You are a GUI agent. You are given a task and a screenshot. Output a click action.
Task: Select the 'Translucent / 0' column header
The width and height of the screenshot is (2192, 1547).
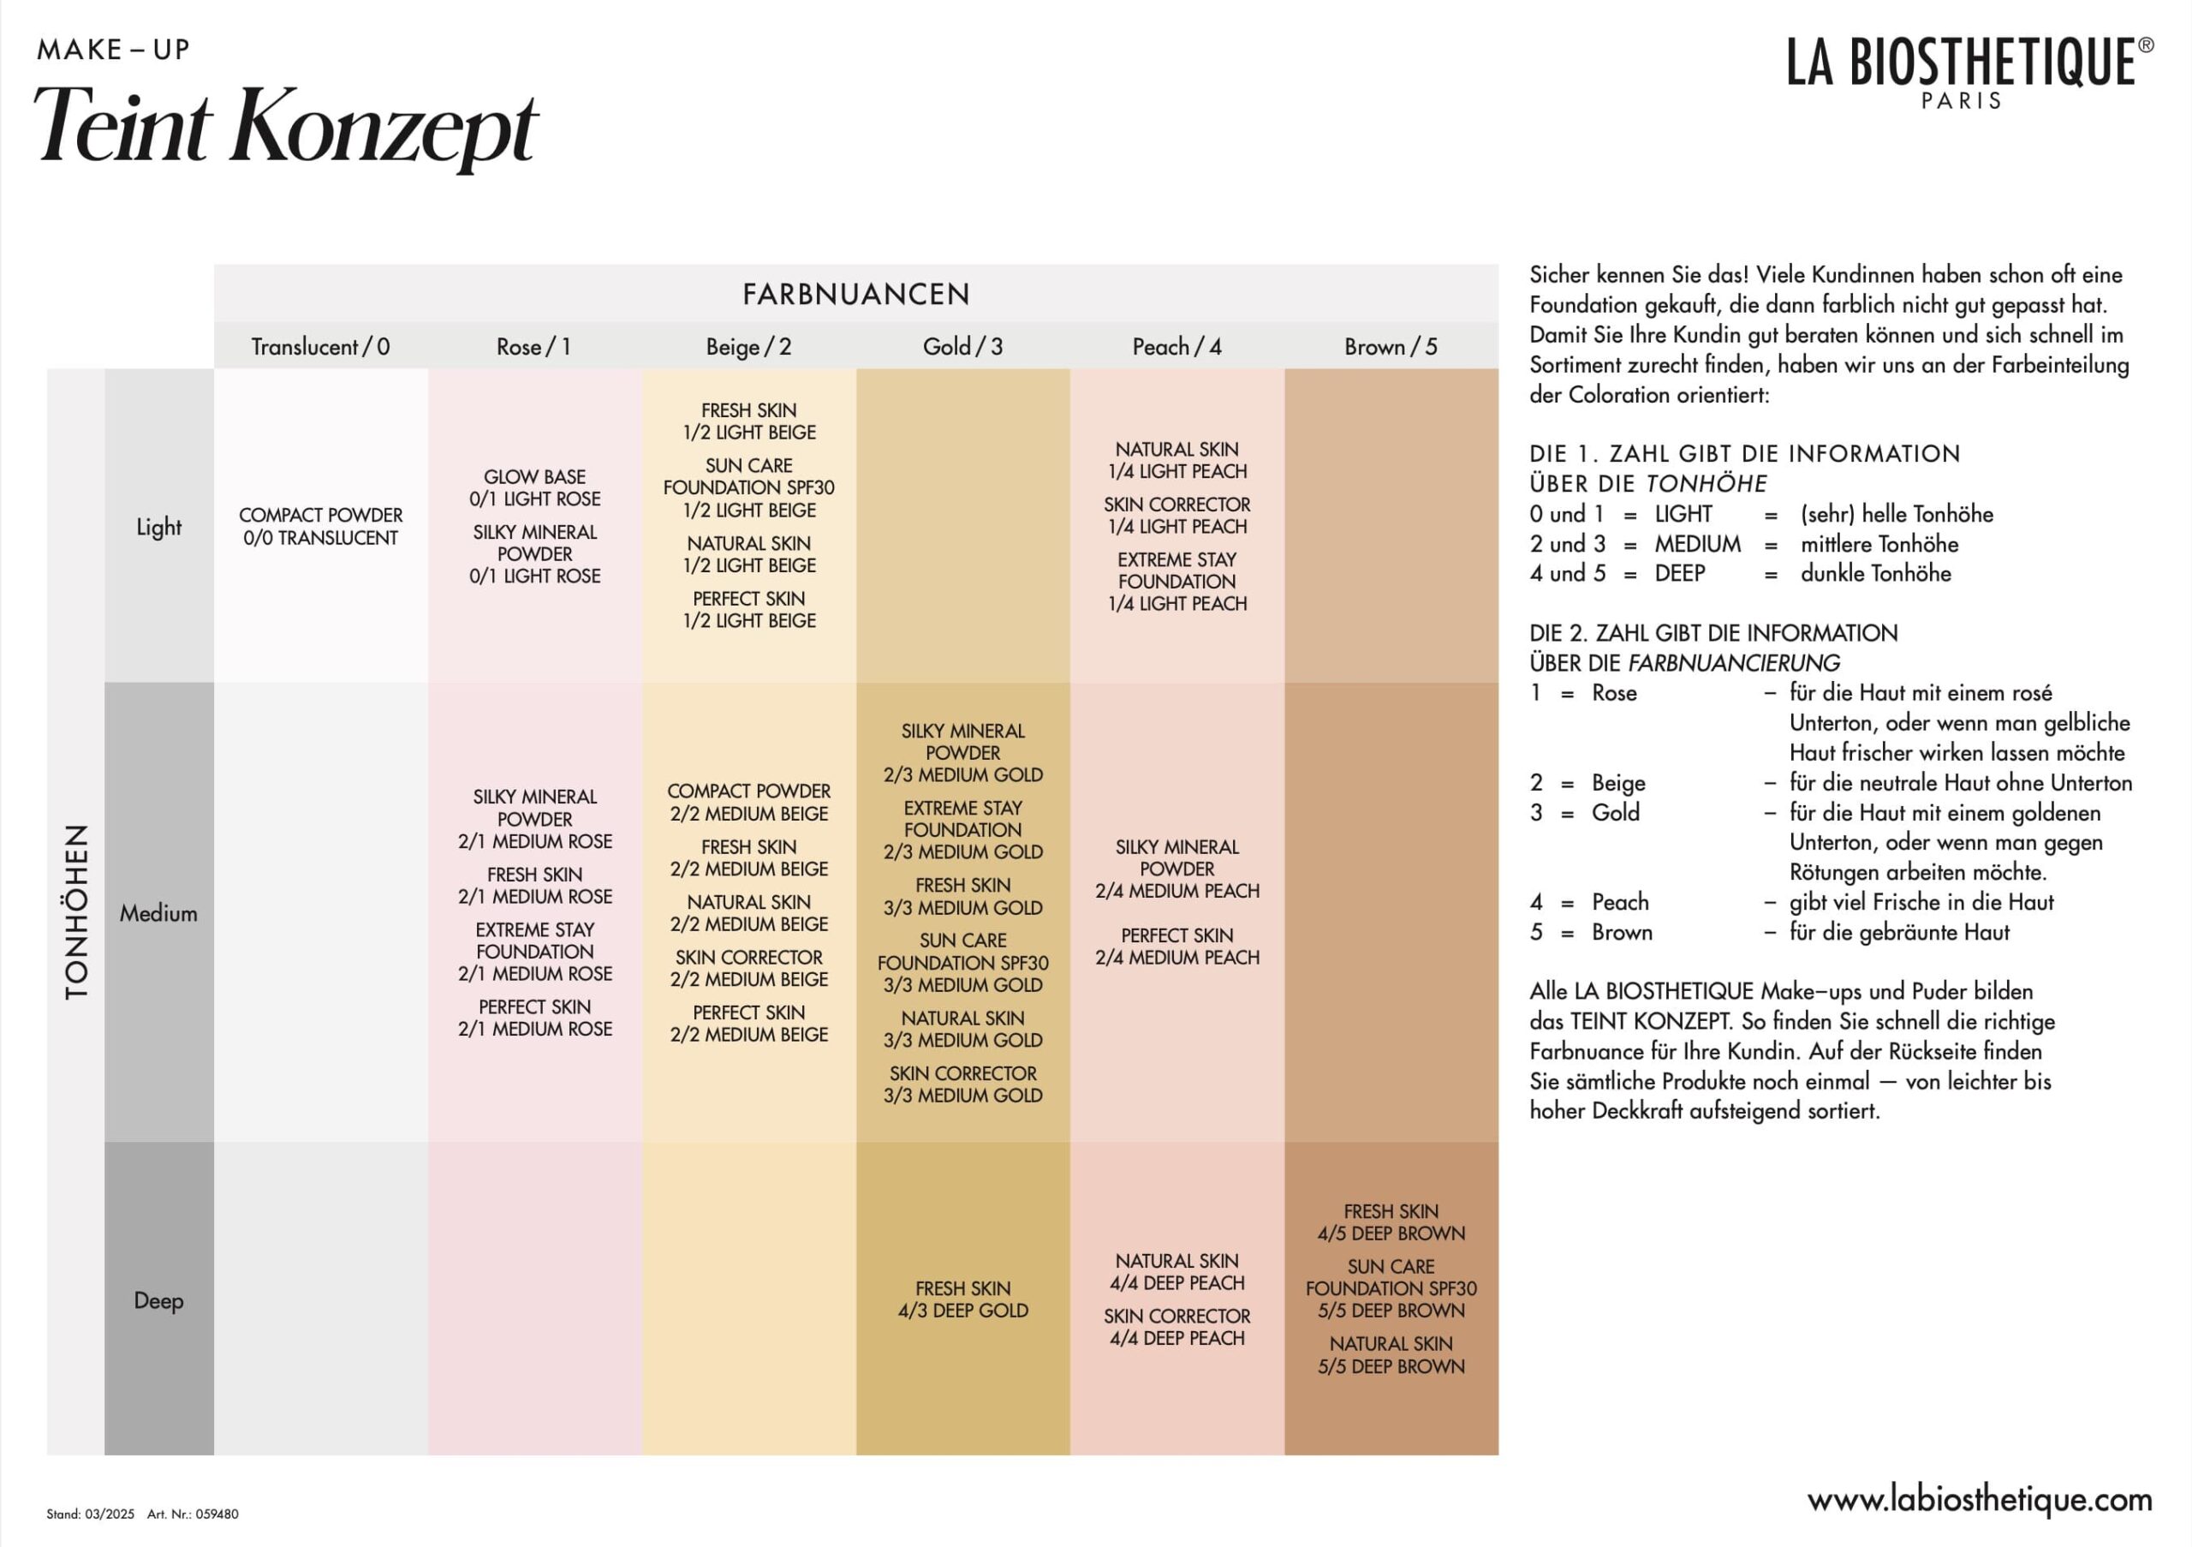(321, 347)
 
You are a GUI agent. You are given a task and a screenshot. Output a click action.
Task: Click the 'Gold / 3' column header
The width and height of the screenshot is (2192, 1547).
(962, 347)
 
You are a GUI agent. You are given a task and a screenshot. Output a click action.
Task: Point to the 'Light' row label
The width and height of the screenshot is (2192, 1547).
(158, 526)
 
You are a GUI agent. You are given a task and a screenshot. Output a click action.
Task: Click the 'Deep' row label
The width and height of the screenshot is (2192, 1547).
(158, 1299)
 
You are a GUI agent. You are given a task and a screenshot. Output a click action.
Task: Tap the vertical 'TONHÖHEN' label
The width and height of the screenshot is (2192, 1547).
(76, 911)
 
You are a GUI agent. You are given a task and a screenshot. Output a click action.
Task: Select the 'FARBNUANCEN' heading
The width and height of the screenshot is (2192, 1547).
(855, 294)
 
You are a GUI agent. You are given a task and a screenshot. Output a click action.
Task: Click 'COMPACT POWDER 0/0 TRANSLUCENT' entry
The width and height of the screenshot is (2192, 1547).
(321, 526)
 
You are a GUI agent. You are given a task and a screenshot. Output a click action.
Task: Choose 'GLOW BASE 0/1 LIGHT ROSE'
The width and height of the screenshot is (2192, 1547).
(534, 487)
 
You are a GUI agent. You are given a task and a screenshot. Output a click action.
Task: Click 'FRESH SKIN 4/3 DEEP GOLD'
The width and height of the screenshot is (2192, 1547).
(962, 1299)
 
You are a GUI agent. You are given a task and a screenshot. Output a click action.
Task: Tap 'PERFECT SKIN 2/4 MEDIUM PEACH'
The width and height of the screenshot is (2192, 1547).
(1177, 947)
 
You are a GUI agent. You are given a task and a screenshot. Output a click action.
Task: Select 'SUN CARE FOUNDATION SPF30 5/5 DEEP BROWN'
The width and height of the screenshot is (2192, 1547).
(1391, 1288)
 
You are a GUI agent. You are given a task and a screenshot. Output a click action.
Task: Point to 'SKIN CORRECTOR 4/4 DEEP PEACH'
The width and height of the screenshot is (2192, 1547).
(1177, 1326)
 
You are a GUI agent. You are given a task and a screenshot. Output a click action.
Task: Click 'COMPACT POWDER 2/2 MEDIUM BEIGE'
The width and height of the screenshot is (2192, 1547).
(748, 802)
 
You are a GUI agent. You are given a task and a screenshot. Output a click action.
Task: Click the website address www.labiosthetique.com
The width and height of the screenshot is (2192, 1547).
(1979, 1499)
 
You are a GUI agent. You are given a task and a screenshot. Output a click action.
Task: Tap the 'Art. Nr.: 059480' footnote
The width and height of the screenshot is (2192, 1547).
(193, 1514)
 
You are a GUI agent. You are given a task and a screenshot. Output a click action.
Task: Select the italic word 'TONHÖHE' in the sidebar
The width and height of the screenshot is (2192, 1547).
(1706, 483)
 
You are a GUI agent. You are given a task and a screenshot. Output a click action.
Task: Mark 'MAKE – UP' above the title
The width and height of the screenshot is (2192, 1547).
(113, 50)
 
